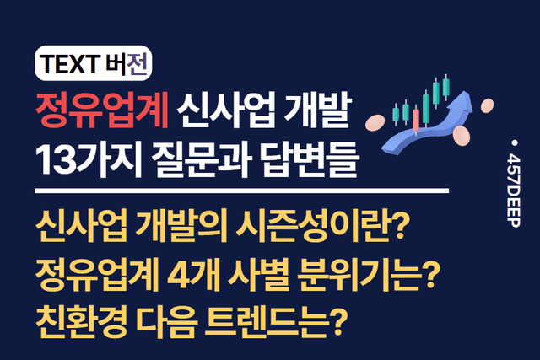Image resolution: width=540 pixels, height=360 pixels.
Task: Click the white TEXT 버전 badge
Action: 92,62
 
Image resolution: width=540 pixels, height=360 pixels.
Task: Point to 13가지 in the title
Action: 92,158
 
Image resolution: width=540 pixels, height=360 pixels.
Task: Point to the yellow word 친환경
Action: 84,319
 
